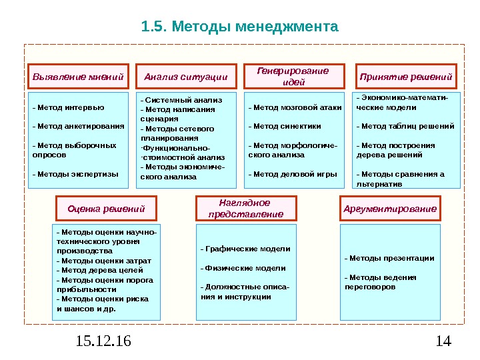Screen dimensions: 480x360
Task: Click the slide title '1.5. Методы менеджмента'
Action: (240, 27)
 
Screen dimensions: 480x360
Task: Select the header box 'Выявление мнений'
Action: (79, 77)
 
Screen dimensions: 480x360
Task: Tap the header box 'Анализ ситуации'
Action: (186, 77)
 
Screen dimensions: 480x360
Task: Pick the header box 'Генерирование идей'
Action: (294, 77)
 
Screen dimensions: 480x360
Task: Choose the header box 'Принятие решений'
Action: (406, 77)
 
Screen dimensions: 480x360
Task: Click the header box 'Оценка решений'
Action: (107, 209)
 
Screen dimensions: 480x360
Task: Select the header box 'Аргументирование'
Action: (390, 209)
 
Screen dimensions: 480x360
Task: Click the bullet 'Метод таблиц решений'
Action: (406, 125)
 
